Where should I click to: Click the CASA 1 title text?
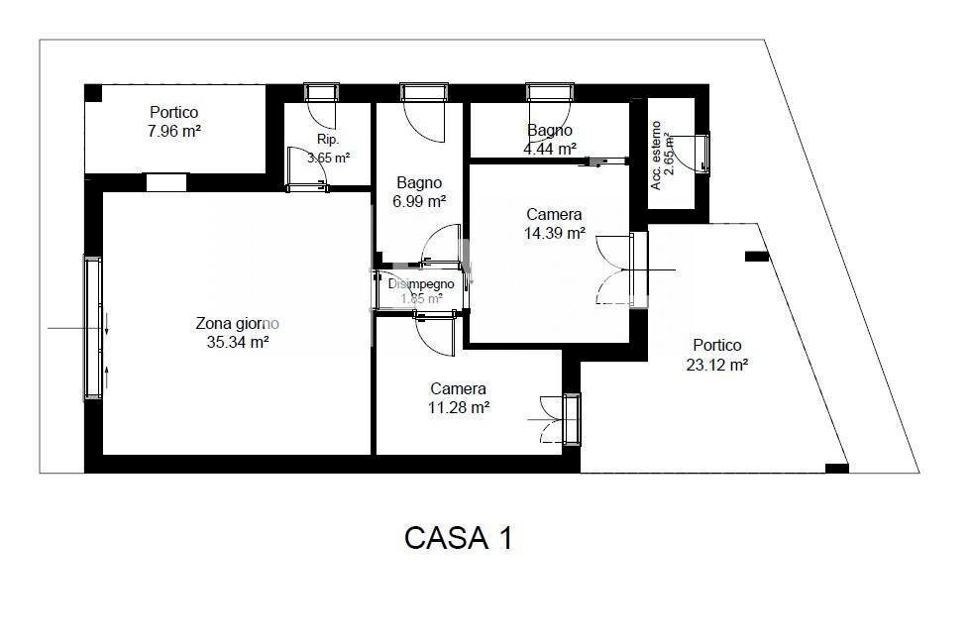(459, 538)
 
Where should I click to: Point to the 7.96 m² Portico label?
(174, 122)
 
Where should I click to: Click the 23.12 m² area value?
(716, 364)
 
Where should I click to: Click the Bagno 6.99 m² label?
(419, 191)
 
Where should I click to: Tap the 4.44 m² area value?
(550, 149)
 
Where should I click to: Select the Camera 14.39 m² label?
(554, 224)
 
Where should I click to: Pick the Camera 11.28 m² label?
(458, 397)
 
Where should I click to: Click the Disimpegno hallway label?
(421, 283)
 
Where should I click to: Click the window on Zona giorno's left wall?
(93, 327)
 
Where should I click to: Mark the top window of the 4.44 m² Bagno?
(549, 92)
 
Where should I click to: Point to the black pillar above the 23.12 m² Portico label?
(757, 256)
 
